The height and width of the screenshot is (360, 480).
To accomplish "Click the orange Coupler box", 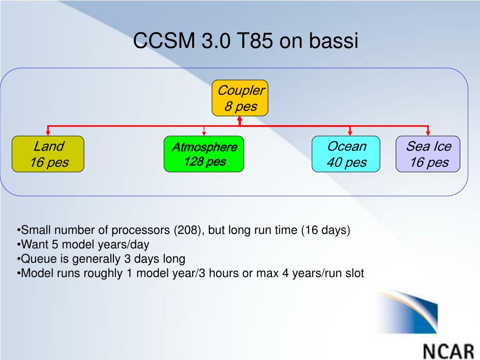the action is coord(240,98).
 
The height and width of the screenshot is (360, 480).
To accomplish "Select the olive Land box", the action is coord(48,154).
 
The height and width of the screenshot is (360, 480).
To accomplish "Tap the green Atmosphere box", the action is coord(204,154).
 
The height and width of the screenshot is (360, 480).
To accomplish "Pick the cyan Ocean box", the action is coord(346,154).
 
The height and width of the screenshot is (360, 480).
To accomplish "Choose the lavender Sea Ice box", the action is coord(428,154).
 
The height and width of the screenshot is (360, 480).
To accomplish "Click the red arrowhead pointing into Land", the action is coord(48,133).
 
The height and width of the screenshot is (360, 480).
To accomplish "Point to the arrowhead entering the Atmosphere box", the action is coord(204,134).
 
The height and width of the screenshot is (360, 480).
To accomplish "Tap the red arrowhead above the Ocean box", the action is coord(350,133).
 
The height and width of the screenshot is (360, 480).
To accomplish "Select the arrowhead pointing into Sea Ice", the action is coord(428,133).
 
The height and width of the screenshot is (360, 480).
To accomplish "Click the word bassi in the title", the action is coord(333,40).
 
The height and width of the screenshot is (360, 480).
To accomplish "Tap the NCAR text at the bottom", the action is coord(449,352).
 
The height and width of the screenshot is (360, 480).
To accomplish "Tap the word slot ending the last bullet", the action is coord(355,273).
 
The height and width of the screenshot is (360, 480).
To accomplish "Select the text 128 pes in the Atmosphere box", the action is coord(205,161).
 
